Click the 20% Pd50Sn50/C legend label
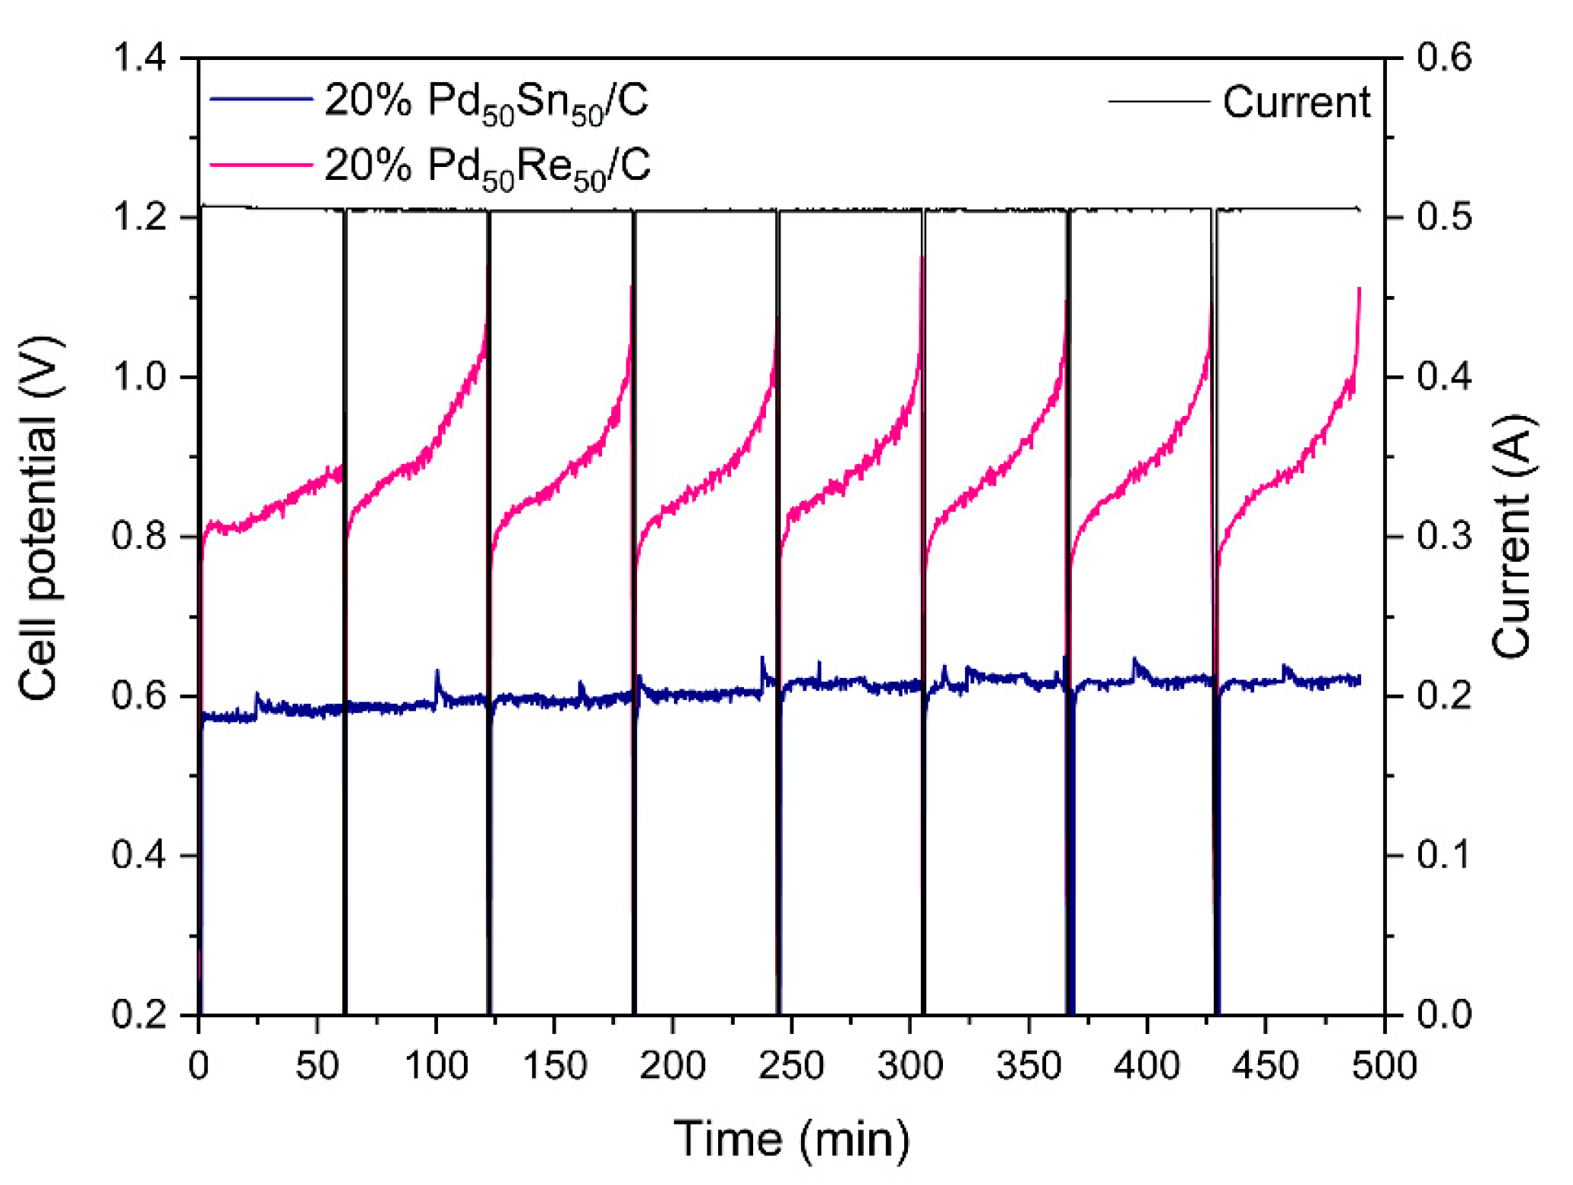click(487, 101)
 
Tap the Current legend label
click(1296, 102)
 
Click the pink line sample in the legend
click(261, 165)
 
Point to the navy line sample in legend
click(261, 99)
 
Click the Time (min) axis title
click(791, 1138)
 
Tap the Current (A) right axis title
click(1512, 536)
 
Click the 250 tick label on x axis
click(791, 1065)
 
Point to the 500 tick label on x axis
click(1384, 1065)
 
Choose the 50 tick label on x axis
click(317, 1065)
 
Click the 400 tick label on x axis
click(1146, 1065)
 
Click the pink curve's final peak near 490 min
click(1358, 289)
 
